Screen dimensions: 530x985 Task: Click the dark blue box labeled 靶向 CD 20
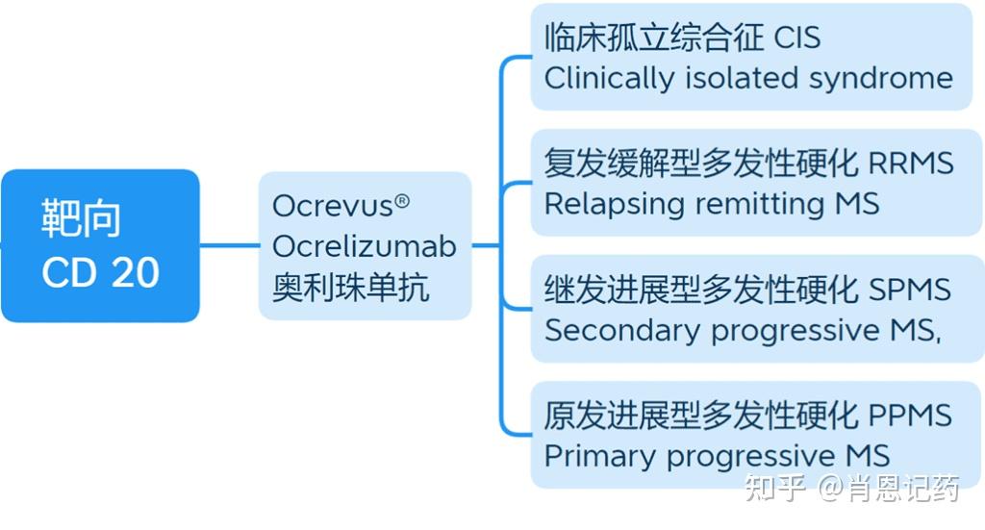click(100, 246)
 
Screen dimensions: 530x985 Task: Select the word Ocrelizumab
click(364, 246)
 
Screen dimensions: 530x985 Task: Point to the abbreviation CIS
click(797, 38)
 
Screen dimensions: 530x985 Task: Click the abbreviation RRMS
click(910, 164)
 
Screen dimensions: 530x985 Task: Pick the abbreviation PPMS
click(910, 416)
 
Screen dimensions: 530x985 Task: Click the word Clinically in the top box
click(610, 78)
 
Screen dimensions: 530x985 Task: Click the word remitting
click(748, 204)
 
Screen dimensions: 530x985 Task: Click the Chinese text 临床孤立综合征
click(654, 38)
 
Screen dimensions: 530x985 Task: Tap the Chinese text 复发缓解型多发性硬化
click(700, 164)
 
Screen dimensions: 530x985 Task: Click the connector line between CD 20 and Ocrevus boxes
click(229, 245)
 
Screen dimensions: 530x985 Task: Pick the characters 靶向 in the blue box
click(82, 219)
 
